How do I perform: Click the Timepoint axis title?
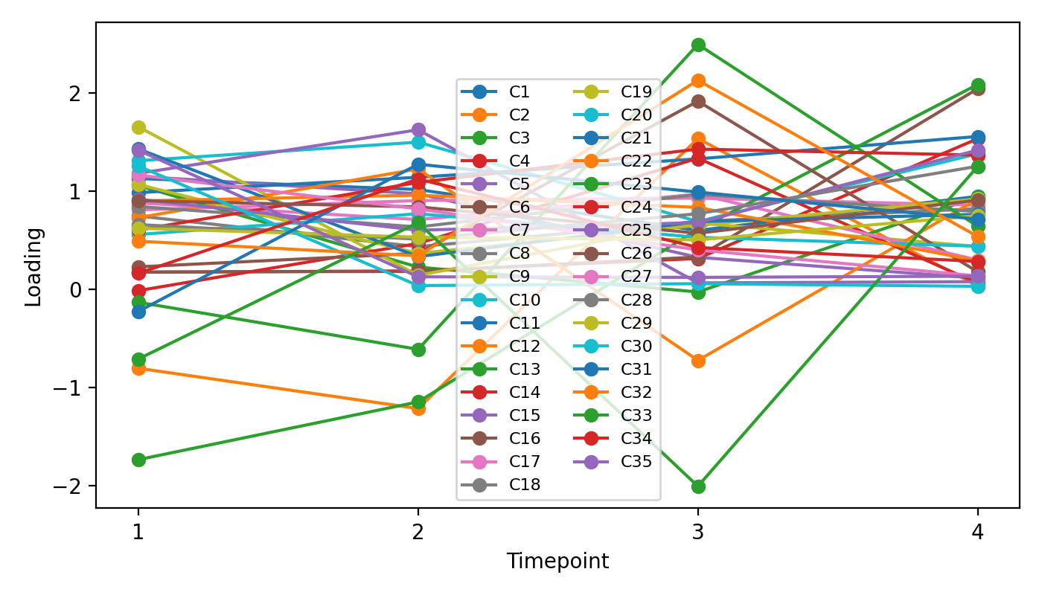pos(557,562)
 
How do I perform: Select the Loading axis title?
pos(33,266)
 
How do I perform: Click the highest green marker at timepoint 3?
pos(698,45)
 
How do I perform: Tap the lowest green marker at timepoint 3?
pos(698,486)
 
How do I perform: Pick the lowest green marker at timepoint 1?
pos(138,460)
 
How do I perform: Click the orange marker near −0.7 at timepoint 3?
pos(698,361)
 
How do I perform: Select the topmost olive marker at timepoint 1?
pos(138,128)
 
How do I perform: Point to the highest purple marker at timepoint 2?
pos(418,130)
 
